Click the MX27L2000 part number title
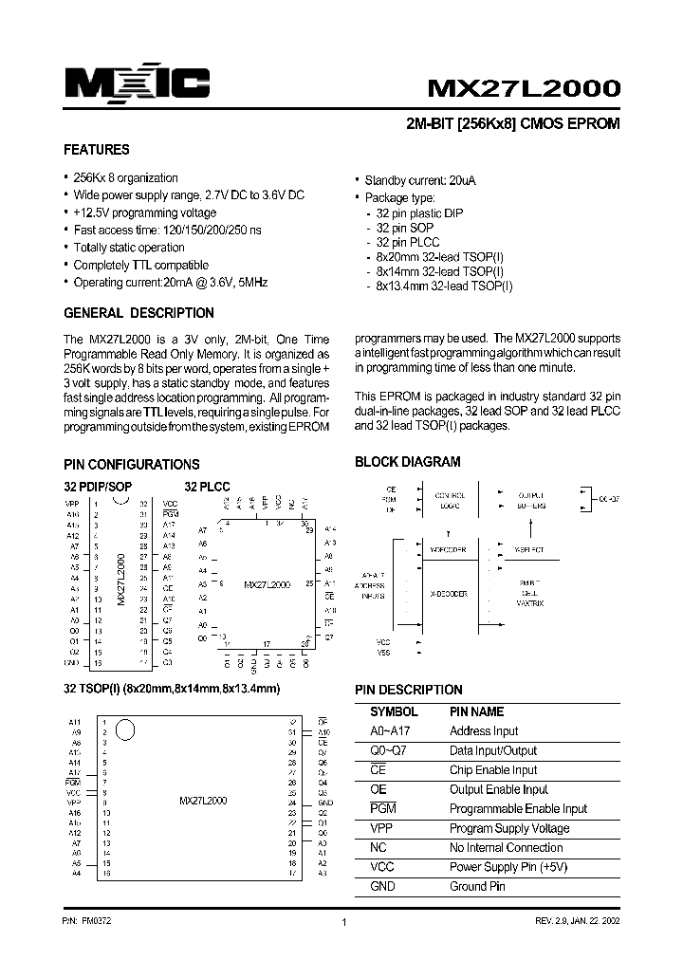[x=524, y=87]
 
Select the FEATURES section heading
[x=96, y=150]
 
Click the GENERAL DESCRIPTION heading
[x=138, y=313]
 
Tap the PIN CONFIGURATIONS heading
[x=131, y=465]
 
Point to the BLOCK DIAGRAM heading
[x=407, y=462]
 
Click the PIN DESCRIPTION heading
[x=408, y=690]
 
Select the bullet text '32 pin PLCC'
[x=406, y=243]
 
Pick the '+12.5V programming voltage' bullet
[x=145, y=213]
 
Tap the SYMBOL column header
[x=393, y=711]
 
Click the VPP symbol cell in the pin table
[x=381, y=828]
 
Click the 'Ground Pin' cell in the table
[x=477, y=887]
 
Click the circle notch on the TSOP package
[x=125, y=730]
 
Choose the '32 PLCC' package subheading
[x=207, y=487]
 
